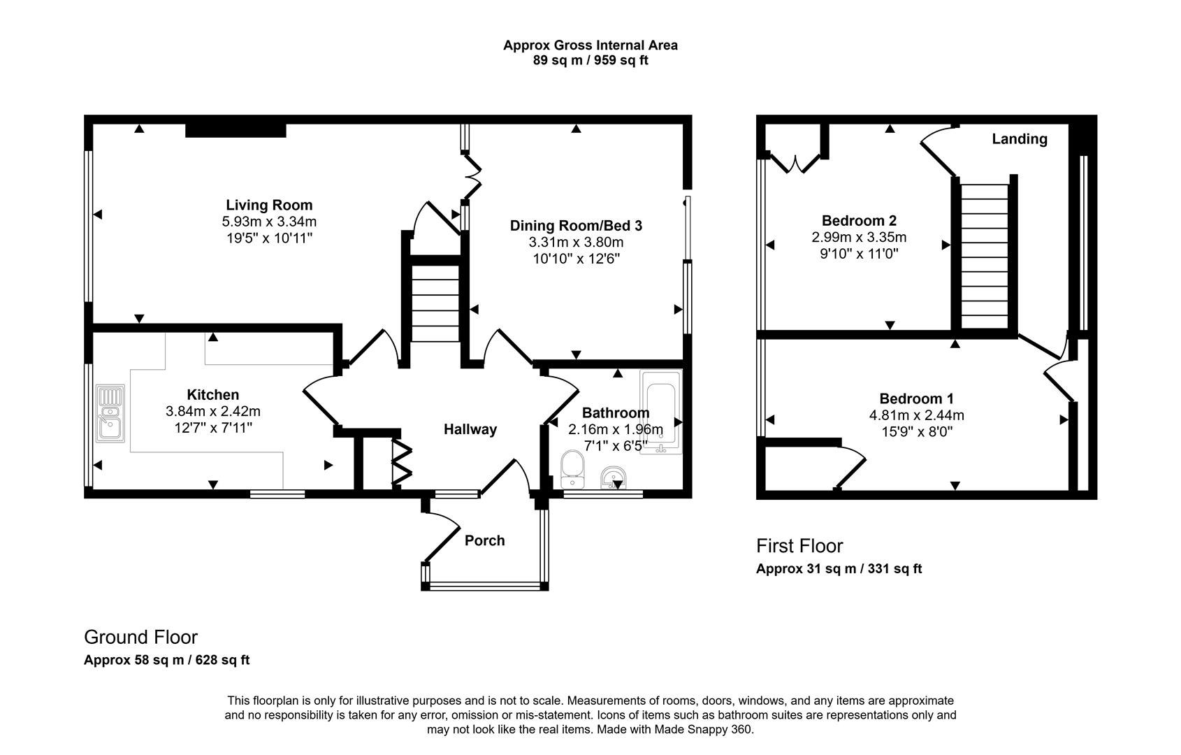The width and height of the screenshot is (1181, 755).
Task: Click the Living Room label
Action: coord(269,205)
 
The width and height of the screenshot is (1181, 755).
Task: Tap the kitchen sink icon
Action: coord(110,413)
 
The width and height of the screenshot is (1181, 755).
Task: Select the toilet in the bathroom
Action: coord(572,469)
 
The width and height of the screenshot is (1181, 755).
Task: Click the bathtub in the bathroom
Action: coord(660,412)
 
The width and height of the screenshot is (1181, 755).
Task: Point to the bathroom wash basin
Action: coord(614,478)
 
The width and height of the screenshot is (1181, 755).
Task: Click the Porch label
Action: coord(484,540)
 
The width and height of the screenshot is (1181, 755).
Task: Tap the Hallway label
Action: coord(470,429)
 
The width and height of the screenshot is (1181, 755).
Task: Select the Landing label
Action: coord(1020,139)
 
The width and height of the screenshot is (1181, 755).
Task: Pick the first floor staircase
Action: coord(985,255)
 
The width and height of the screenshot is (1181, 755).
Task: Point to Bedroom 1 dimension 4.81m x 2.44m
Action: coord(916,415)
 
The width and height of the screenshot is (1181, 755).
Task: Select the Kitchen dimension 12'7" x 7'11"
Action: coord(213,427)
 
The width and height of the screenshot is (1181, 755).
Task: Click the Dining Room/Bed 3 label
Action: coord(576,226)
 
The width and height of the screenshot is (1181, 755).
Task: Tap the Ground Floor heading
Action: coord(140,637)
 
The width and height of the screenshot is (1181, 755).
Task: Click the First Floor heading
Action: coord(799,546)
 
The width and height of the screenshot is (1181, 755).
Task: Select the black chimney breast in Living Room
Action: coord(236,130)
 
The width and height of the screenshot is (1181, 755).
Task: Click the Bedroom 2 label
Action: coord(859,220)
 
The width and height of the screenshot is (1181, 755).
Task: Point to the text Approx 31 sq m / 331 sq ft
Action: coord(839,569)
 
